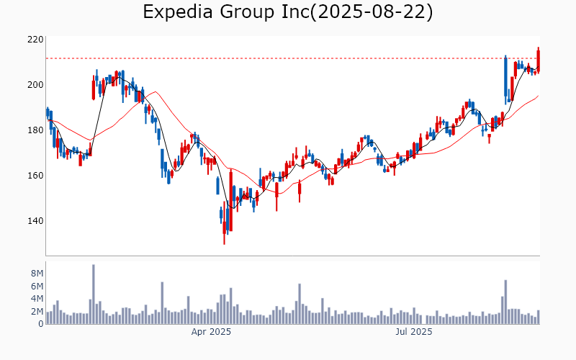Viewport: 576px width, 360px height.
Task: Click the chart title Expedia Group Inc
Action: pos(223,12)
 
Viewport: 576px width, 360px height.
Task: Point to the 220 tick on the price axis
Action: pos(36,40)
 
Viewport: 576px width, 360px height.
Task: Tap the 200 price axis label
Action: pos(36,85)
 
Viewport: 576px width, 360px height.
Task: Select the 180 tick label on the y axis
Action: pos(36,130)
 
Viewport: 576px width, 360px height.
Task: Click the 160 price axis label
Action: pos(36,176)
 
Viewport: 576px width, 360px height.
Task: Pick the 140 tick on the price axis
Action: pos(36,221)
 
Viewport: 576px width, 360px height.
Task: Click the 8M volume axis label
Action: pos(37,274)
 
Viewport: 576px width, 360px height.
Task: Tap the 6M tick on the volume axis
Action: pos(37,287)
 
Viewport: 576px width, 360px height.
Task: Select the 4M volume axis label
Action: pos(37,299)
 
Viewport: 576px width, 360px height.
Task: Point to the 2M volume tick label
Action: pos(37,312)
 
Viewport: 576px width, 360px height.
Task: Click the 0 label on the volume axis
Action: pos(40,324)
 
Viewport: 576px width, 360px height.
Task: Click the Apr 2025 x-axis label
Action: pos(211,332)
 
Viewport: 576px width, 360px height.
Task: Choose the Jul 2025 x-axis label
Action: pos(414,332)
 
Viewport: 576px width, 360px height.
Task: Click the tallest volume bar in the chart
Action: pos(93,294)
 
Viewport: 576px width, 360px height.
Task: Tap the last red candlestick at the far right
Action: pos(538,60)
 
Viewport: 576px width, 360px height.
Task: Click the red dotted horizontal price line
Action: pos(288,58)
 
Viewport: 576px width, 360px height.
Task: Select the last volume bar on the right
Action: pos(538,317)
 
